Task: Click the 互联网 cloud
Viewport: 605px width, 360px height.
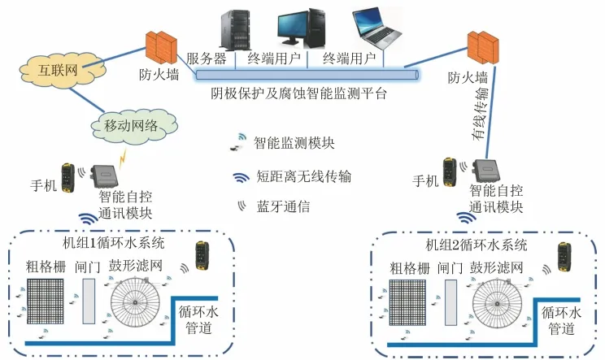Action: pos(58,70)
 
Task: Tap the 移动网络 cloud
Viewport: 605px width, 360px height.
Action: pos(130,125)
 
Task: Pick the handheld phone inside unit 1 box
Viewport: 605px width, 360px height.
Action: pos(201,258)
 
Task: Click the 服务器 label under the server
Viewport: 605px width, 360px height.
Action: pos(207,59)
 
